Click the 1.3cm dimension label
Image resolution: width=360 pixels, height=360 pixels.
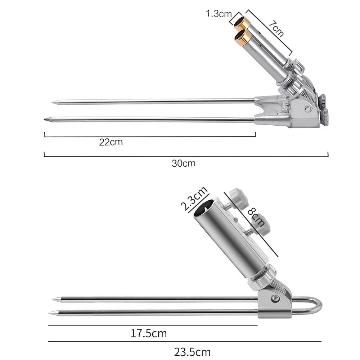(x=219, y=14)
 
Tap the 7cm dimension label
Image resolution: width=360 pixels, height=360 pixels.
(x=276, y=28)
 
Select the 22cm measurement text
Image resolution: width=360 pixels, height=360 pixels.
(x=111, y=142)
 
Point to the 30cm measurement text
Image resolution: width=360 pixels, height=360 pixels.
(x=184, y=163)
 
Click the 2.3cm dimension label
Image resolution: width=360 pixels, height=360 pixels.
(x=194, y=198)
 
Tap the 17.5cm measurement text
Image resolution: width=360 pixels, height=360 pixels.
(x=149, y=333)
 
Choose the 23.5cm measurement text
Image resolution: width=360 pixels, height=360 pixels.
(x=192, y=352)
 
